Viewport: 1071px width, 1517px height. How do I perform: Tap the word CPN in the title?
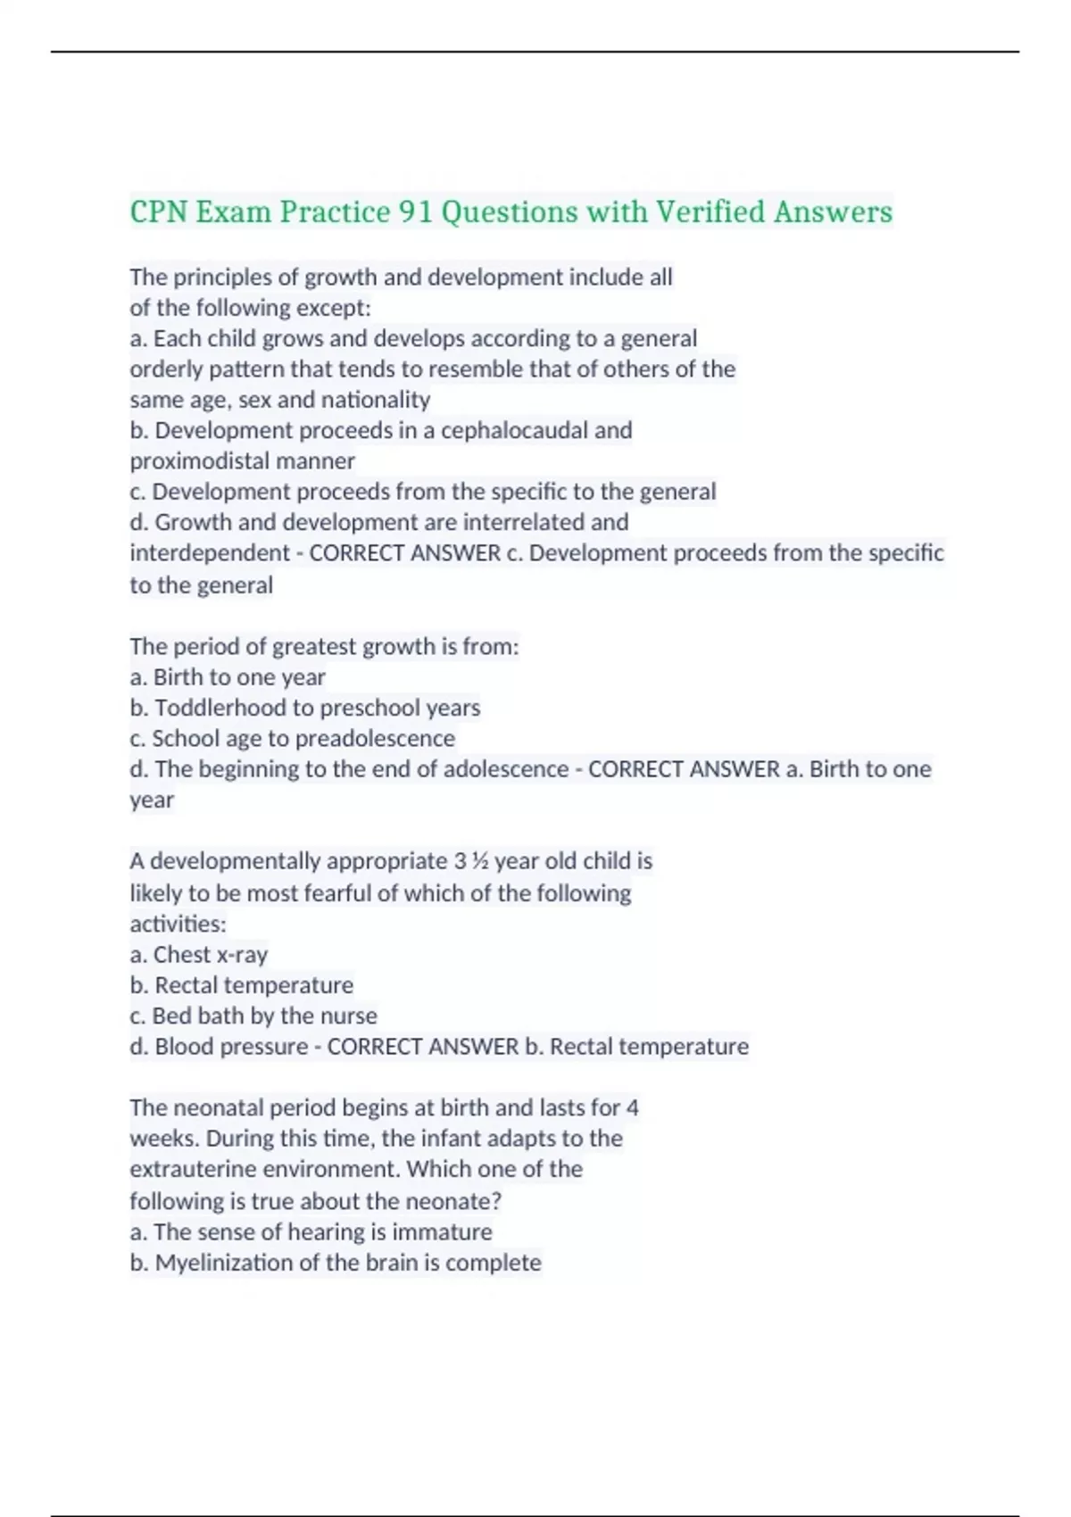tap(159, 212)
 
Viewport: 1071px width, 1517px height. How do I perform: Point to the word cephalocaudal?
tap(514, 430)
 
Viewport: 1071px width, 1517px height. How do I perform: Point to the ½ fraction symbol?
tap(479, 861)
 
